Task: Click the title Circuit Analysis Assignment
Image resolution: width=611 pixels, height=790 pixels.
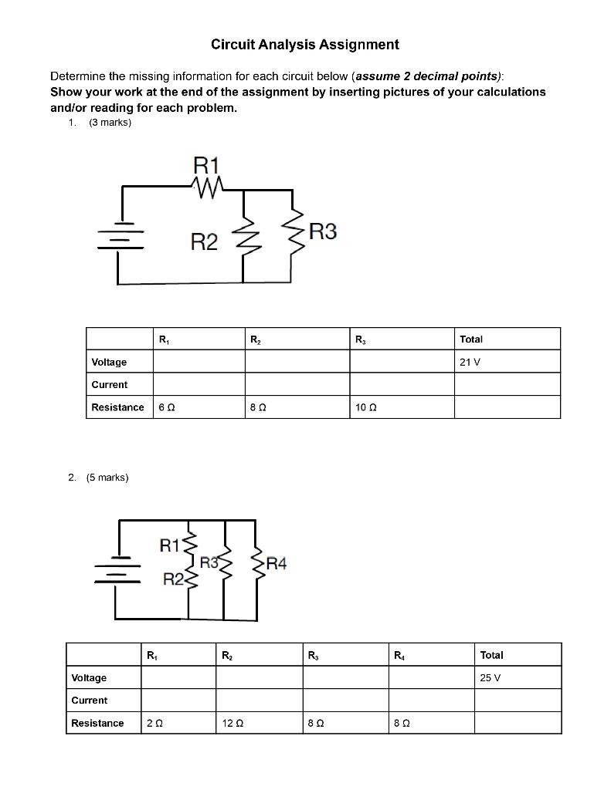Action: [x=305, y=45]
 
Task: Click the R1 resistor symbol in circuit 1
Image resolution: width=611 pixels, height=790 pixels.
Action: [x=206, y=185]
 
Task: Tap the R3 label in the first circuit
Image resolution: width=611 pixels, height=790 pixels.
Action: [x=322, y=231]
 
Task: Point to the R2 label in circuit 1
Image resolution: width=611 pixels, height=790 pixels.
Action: [x=204, y=243]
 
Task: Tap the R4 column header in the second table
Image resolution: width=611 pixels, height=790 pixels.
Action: [x=399, y=656]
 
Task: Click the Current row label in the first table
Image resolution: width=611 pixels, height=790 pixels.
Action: [x=110, y=385]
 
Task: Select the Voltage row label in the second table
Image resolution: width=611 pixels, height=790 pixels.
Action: [x=89, y=678]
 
